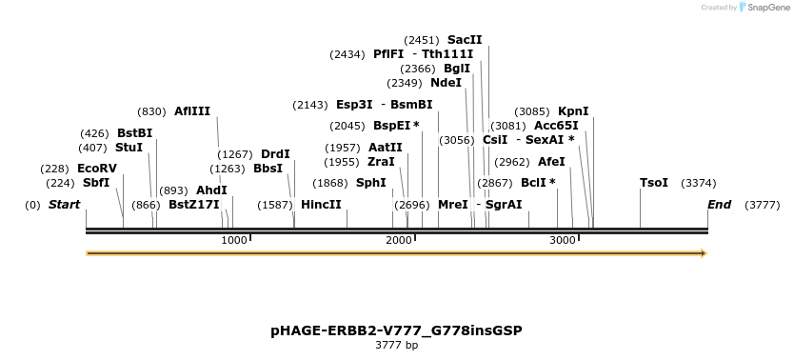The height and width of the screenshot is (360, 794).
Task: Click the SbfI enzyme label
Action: pyautogui.click(x=96, y=183)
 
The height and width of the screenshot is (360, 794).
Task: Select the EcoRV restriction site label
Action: pyautogui.click(x=97, y=169)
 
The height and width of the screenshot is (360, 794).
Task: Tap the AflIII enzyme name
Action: pyautogui.click(x=192, y=111)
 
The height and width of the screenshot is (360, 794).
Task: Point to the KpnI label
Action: pyautogui.click(x=573, y=111)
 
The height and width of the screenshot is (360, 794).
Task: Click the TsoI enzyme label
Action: pyautogui.click(x=654, y=183)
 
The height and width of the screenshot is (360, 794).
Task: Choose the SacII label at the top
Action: pyautogui.click(x=465, y=40)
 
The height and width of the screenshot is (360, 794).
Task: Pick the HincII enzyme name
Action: pyautogui.click(x=321, y=205)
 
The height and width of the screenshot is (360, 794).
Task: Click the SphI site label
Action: pyautogui.click(x=371, y=183)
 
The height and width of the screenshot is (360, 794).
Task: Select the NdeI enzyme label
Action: pyautogui.click(x=446, y=83)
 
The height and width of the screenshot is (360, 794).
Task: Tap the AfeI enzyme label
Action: pyautogui.click(x=551, y=162)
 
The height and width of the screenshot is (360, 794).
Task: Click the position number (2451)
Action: pyautogui.click(x=421, y=40)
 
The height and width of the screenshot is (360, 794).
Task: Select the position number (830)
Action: pyautogui.click(x=152, y=111)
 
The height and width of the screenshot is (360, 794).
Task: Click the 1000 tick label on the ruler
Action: pyautogui.click(x=234, y=240)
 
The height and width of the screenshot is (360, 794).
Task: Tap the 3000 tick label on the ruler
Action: pyautogui.click(x=563, y=240)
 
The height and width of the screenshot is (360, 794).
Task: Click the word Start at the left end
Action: pyautogui.click(x=64, y=205)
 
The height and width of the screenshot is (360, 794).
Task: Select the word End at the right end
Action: pyautogui.click(x=720, y=205)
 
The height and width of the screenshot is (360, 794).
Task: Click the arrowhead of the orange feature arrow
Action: pyautogui.click(x=704, y=253)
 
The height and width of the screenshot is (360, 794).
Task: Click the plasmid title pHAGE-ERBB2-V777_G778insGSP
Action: pyautogui.click(x=396, y=330)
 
